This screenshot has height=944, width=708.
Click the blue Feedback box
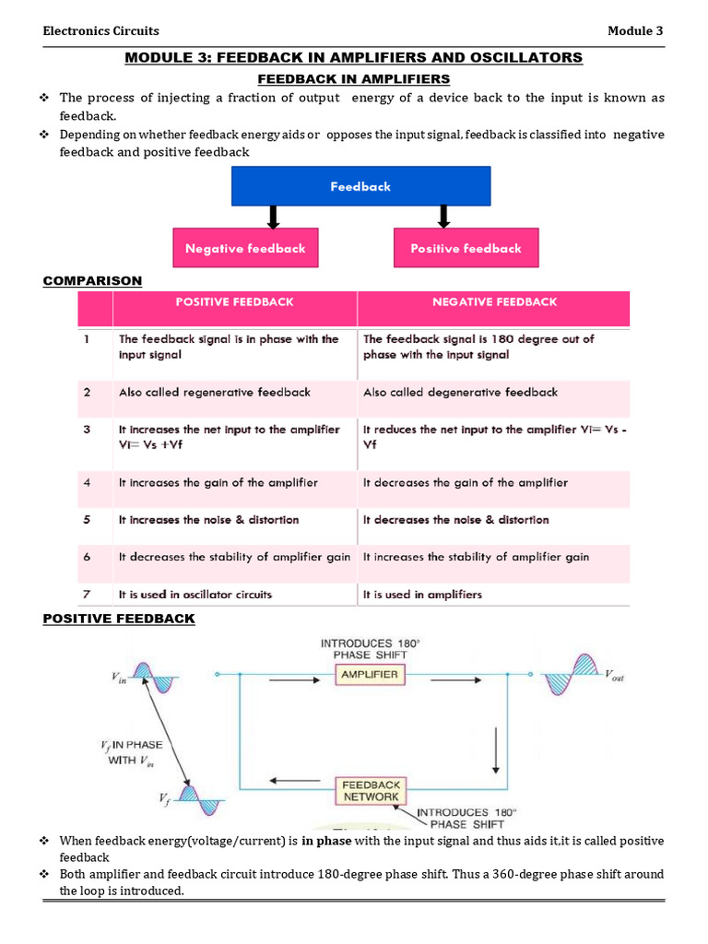click(x=361, y=186)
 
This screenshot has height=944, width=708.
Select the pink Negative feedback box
click(x=245, y=247)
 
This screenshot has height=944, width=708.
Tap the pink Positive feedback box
click(x=466, y=247)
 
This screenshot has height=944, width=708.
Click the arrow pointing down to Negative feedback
click(x=273, y=218)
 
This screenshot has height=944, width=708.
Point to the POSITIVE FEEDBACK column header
click(x=235, y=302)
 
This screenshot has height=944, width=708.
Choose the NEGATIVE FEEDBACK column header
click(x=495, y=302)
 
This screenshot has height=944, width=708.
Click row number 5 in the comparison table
click(x=87, y=520)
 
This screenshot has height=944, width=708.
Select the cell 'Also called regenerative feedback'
click(x=214, y=393)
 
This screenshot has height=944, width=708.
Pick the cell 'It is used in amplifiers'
click(x=422, y=595)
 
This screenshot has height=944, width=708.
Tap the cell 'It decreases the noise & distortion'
click(x=455, y=520)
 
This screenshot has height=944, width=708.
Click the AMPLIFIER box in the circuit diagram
click(x=370, y=674)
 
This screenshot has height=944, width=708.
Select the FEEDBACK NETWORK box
click(x=371, y=790)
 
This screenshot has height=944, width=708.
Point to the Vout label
click(x=615, y=675)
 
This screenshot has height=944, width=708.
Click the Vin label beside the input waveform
click(x=119, y=678)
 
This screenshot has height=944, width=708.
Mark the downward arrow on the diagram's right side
click(x=495, y=750)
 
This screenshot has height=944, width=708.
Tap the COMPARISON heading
click(x=93, y=281)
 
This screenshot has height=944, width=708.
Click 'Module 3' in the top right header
click(x=635, y=30)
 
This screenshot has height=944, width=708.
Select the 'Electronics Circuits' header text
click(x=101, y=30)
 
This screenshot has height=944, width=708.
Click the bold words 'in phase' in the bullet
click(x=326, y=841)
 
